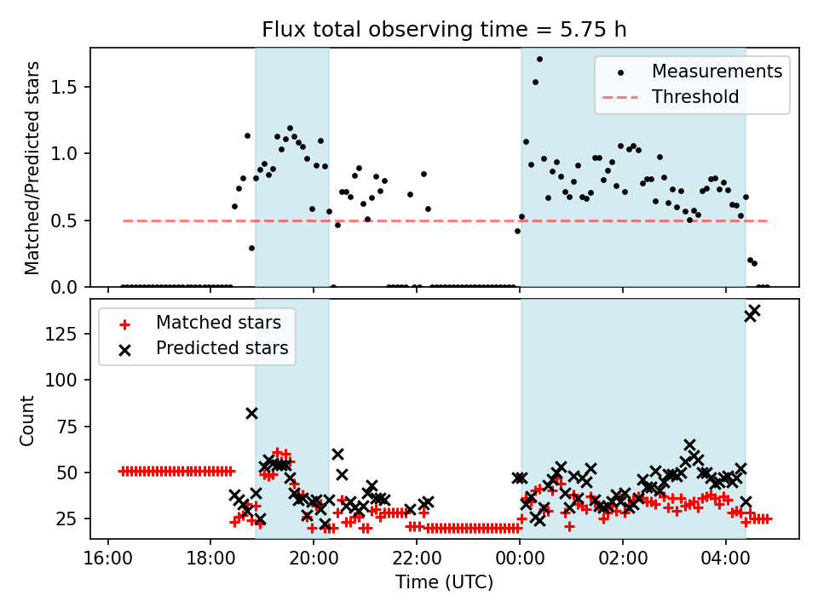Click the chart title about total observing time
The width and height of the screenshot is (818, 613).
pyautogui.click(x=444, y=30)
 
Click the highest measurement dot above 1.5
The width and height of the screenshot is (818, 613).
pyautogui.click(x=539, y=60)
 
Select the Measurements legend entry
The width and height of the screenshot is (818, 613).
pyautogui.click(x=717, y=72)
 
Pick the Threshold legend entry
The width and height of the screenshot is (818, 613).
pyautogui.click(x=695, y=97)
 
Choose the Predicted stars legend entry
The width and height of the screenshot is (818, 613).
pyautogui.click(x=222, y=348)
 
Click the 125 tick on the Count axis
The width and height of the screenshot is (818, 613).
pyautogui.click(x=70, y=334)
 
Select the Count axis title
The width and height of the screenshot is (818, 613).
pyautogui.click(x=28, y=420)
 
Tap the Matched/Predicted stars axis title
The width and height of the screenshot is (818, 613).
pyautogui.click(x=32, y=168)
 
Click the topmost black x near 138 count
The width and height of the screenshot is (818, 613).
pyautogui.click(x=754, y=311)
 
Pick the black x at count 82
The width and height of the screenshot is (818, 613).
pyautogui.click(x=251, y=413)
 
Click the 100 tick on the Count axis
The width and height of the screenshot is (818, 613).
pyautogui.click(x=70, y=380)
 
